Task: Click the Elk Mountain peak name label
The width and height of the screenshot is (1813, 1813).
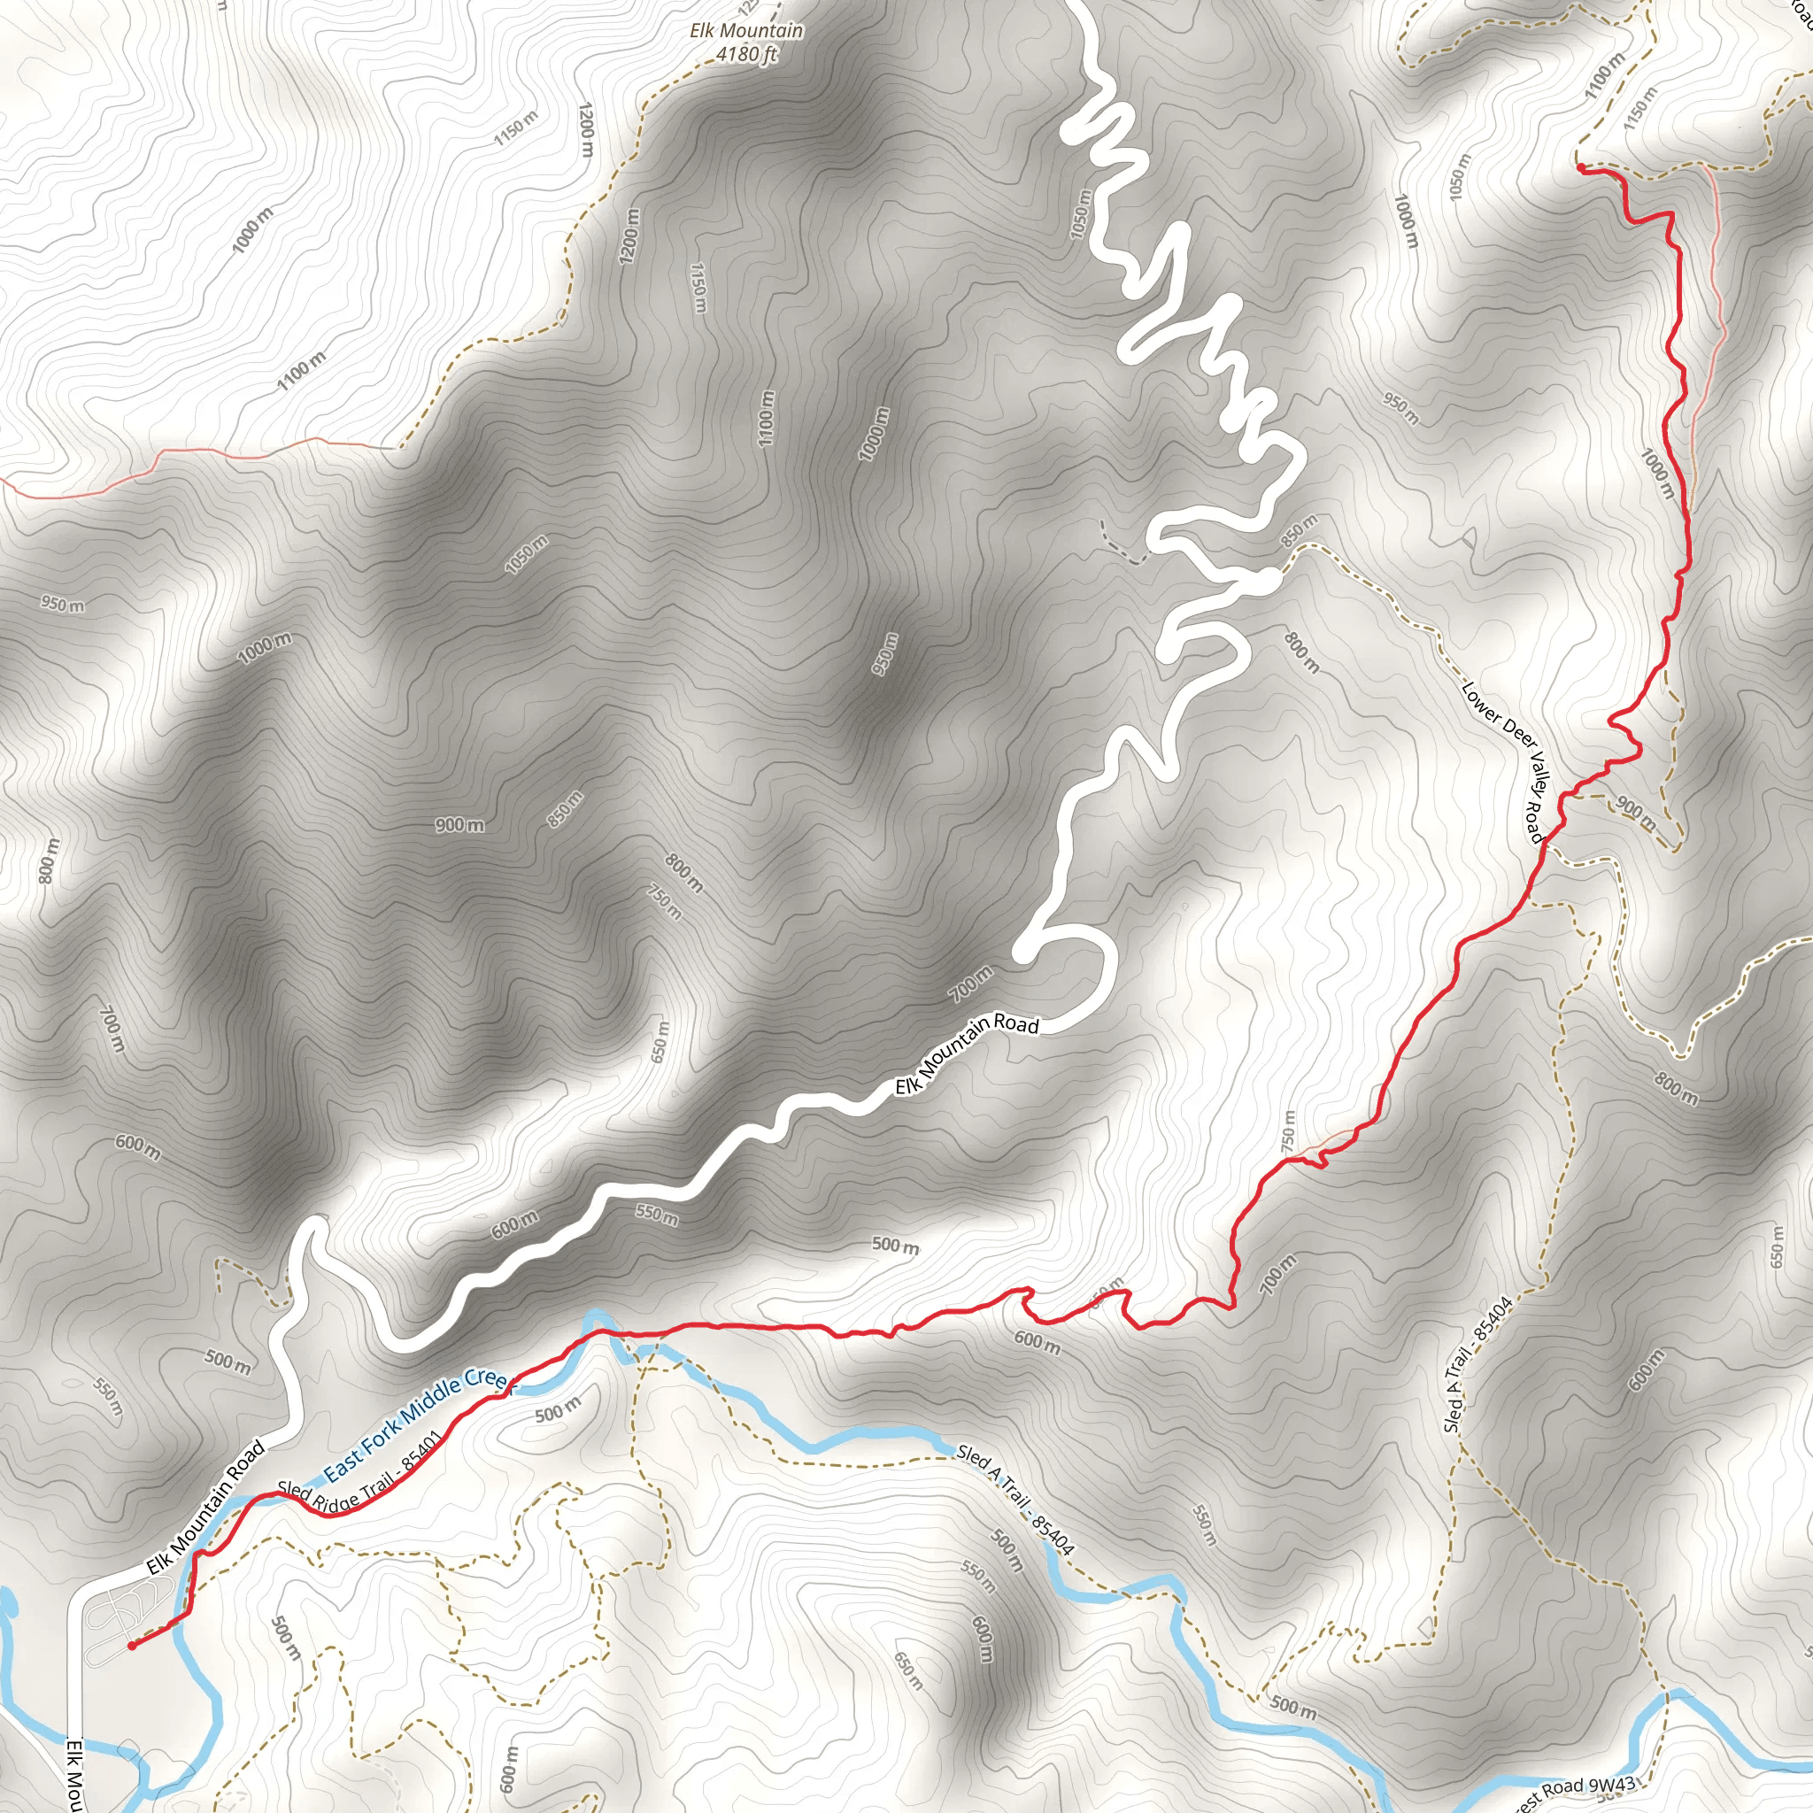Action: (x=746, y=31)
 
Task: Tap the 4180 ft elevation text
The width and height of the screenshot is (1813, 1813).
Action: (x=746, y=54)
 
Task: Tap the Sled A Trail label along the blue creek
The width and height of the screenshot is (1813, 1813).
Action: (x=1015, y=1501)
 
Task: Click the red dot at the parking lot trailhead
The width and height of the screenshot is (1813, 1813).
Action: (x=132, y=1646)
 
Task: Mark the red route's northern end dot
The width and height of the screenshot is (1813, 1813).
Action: (x=1581, y=168)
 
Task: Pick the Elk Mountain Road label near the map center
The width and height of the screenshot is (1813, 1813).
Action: (x=967, y=1053)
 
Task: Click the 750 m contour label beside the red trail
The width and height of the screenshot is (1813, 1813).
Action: (x=1288, y=1131)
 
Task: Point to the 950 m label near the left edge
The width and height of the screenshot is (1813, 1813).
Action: (x=62, y=605)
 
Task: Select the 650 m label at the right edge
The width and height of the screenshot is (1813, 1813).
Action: (x=1777, y=1246)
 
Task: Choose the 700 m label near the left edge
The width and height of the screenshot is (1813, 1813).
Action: (x=110, y=1030)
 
